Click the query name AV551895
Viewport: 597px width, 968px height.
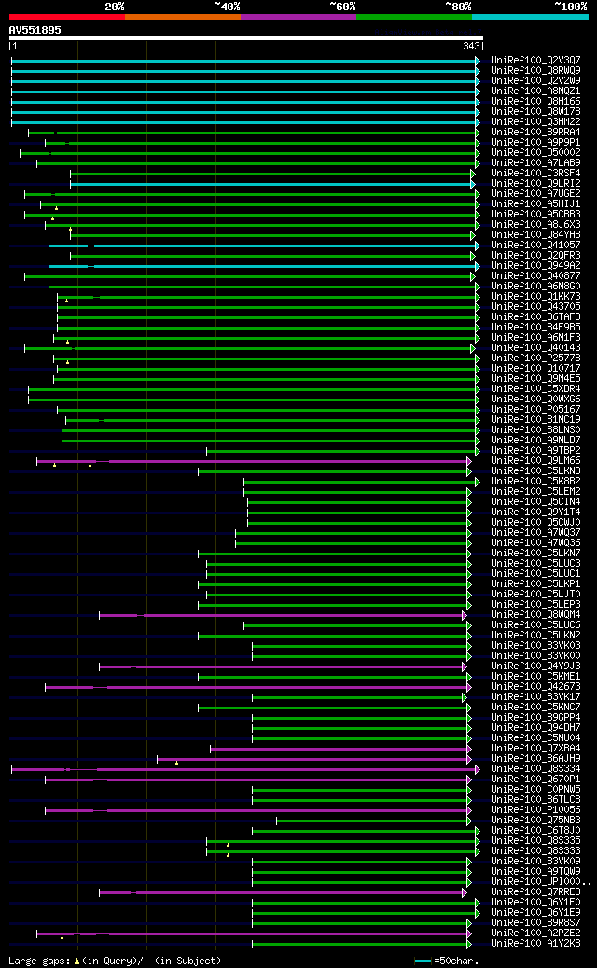35,30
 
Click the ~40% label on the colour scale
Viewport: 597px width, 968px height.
227,6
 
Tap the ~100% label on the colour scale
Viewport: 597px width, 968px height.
571,6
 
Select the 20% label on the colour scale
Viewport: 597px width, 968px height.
115,6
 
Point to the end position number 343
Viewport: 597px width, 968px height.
471,46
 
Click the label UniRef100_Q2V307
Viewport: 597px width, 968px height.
535,60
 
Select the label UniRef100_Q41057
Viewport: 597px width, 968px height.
535,245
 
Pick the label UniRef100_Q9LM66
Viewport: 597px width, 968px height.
535,460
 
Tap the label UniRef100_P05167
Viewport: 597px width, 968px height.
535,409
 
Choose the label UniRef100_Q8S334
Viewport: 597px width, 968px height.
535,768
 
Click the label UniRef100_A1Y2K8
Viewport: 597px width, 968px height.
535,943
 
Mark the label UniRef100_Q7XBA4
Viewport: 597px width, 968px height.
535,748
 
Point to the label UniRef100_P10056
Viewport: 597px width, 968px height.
535,809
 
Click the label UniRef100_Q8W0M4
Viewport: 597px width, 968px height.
535,614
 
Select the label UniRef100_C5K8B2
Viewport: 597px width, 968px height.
535,481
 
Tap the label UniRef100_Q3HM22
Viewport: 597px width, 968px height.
535,121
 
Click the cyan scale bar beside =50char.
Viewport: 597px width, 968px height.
423,960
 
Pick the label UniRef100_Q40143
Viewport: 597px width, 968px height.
535,347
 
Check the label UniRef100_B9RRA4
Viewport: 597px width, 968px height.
535,132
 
